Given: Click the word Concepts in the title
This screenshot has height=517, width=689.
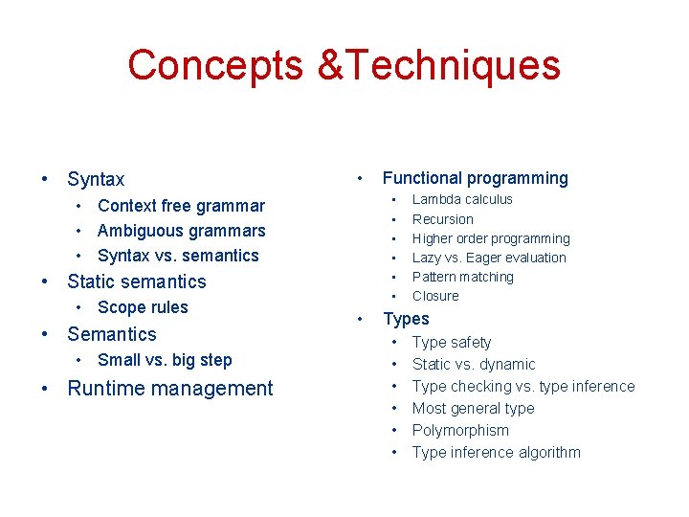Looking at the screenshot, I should pyautogui.click(x=216, y=65).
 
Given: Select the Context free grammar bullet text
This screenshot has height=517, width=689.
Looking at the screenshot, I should pyautogui.click(x=181, y=206).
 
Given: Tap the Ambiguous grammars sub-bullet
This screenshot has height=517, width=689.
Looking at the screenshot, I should pyautogui.click(x=181, y=231).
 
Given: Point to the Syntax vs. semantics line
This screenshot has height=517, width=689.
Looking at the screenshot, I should pyautogui.click(x=178, y=256).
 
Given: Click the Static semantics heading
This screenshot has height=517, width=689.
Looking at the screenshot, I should pyautogui.click(x=136, y=281).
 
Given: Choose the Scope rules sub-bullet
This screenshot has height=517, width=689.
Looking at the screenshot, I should pyautogui.click(x=143, y=307).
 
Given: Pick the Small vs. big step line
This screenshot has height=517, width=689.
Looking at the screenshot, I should pyautogui.click(x=165, y=360).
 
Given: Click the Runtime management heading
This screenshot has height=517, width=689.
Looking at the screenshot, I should pyautogui.click(x=169, y=389).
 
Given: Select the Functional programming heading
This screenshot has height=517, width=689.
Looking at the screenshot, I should pyautogui.click(x=475, y=178).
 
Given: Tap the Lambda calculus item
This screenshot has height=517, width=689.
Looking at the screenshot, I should pyautogui.click(x=462, y=199).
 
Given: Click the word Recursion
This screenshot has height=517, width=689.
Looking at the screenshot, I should pyautogui.click(x=442, y=219).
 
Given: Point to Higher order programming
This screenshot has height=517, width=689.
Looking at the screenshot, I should pyautogui.click(x=491, y=238).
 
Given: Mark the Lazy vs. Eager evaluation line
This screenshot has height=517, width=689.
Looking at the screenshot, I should pyautogui.click(x=489, y=258).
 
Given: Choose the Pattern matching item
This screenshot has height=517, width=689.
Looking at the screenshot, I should pyautogui.click(x=462, y=277).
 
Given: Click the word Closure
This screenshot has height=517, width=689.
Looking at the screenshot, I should pyautogui.click(x=435, y=296).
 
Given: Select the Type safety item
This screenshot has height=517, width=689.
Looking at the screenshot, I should pyautogui.click(x=452, y=342).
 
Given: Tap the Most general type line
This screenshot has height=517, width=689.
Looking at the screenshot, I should pyautogui.click(x=473, y=408).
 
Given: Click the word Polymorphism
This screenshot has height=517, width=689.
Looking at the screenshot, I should pyautogui.click(x=460, y=430).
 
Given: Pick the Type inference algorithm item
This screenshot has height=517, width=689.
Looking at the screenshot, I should pyautogui.click(x=496, y=452).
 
